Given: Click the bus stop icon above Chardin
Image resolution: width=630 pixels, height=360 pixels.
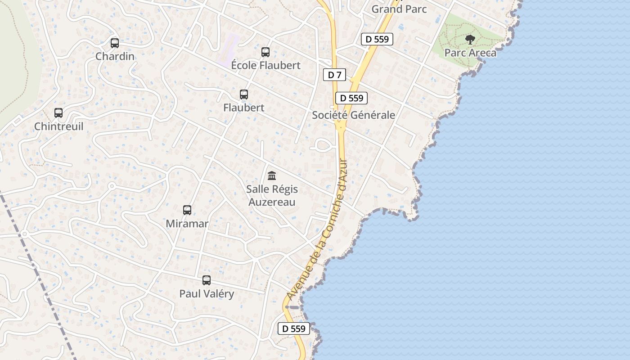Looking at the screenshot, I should [115, 43].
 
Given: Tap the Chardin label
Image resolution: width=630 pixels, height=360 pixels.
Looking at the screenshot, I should [115, 56].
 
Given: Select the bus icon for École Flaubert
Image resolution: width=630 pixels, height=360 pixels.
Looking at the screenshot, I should [265, 52].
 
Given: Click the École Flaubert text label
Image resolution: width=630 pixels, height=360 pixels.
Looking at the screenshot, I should [265, 65].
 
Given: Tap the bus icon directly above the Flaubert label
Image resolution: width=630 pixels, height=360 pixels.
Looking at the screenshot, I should [244, 94].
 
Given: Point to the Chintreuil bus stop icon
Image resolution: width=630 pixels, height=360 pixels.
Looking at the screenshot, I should [58, 113].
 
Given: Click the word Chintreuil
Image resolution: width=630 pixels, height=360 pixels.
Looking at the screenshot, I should [58, 126].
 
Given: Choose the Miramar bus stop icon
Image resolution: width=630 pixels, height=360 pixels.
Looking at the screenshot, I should [187, 210].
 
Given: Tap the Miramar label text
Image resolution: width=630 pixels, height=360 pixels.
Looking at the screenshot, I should [187, 224].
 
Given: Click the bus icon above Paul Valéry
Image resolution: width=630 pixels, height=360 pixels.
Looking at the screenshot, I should [207, 280].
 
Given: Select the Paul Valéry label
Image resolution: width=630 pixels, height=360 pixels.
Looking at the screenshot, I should [207, 294].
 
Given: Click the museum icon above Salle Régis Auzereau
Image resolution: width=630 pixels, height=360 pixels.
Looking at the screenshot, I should [272, 175].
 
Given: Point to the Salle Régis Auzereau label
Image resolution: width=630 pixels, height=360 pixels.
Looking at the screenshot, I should [272, 195].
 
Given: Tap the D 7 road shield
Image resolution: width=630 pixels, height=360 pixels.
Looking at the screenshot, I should [334, 75].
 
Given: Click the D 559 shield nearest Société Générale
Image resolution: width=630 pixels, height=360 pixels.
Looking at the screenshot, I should [351, 98].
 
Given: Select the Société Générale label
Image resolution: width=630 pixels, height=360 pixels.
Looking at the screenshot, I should [354, 115].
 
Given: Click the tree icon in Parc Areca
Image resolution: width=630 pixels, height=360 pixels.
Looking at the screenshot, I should [470, 40].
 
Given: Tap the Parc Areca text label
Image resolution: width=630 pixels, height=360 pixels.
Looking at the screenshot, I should [470, 53].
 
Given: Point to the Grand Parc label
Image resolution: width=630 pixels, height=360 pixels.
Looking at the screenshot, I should [399, 9].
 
